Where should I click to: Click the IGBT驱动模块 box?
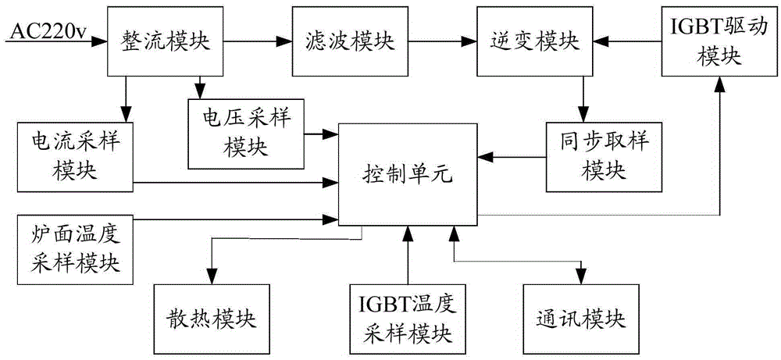point(701,44)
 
